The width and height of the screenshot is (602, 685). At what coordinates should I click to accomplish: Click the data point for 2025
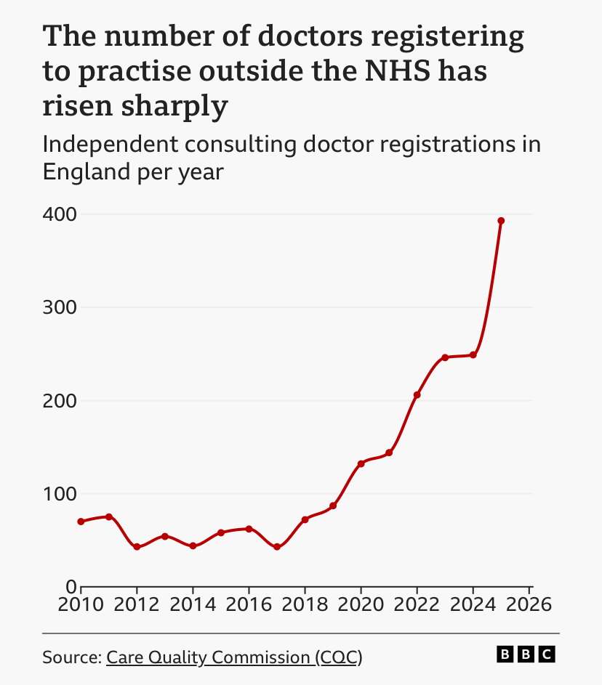click(501, 221)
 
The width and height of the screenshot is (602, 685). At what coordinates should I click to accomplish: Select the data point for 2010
click(81, 522)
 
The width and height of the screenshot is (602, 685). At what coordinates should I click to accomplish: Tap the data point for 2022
click(417, 395)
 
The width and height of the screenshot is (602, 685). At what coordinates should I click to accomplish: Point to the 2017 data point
click(277, 547)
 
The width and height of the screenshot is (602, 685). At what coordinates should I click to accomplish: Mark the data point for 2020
click(361, 463)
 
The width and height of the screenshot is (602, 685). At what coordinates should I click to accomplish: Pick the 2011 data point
click(109, 516)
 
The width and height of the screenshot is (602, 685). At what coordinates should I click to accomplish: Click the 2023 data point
click(445, 357)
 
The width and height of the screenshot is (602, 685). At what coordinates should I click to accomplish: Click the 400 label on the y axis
click(60, 215)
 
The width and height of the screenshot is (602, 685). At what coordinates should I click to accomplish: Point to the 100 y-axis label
click(60, 494)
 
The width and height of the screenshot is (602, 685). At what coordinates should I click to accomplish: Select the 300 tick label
click(60, 308)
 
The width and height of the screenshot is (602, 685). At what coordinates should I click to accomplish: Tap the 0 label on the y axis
click(71, 587)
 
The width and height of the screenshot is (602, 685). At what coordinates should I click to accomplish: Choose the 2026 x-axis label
click(528, 604)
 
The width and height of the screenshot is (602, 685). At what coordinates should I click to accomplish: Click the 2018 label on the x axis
click(305, 604)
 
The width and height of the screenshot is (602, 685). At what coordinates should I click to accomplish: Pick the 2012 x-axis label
click(137, 604)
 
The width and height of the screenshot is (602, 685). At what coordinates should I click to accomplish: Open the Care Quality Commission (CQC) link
click(234, 657)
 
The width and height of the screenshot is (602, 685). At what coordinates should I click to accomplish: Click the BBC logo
click(526, 654)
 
